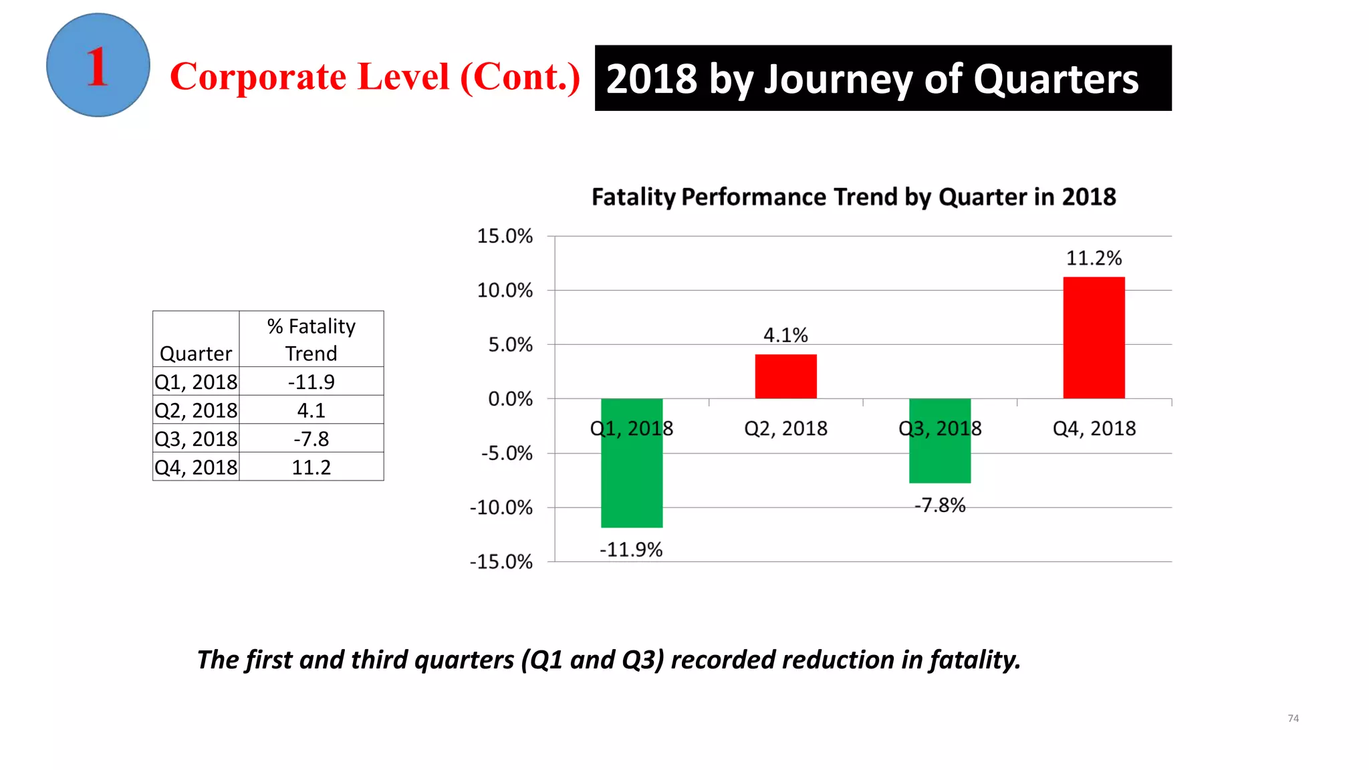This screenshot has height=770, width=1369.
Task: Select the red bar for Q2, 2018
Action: (x=785, y=376)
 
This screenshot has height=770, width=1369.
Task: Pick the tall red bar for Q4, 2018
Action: (x=1094, y=338)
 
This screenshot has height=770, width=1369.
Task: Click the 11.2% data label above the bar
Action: (x=1094, y=258)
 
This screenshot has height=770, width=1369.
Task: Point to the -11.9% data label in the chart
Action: (x=631, y=549)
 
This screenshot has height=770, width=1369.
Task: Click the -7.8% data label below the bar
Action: (x=940, y=505)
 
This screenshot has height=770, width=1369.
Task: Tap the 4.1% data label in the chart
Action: (x=785, y=335)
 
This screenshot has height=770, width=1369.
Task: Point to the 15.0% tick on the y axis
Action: (x=505, y=236)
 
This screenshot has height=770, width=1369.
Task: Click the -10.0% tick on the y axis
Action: (x=501, y=507)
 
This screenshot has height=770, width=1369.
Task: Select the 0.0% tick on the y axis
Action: (x=510, y=399)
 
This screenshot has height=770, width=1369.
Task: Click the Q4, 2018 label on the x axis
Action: (x=1094, y=428)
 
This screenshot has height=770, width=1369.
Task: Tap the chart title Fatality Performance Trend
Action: (x=854, y=197)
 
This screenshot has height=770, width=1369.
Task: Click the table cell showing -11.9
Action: (x=311, y=382)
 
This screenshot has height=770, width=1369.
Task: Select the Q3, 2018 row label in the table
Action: (x=196, y=438)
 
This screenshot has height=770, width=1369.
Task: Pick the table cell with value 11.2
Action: (x=311, y=467)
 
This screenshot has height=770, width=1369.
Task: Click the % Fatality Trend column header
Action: (x=311, y=340)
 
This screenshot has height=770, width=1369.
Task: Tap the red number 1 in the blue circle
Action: (x=98, y=67)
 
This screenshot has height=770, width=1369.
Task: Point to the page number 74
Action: (x=1293, y=718)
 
